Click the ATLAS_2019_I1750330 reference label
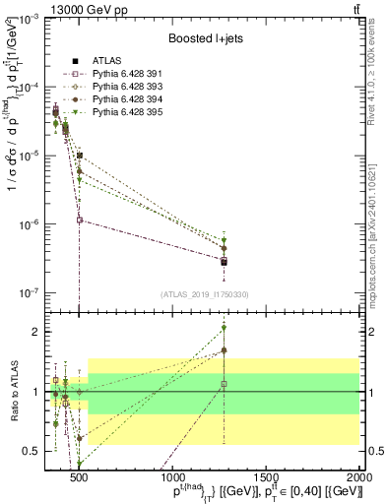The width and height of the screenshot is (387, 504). coord(205,294)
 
